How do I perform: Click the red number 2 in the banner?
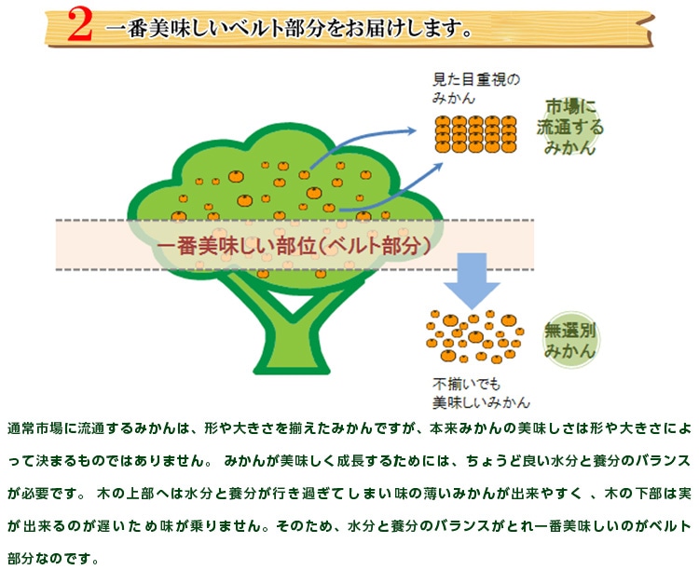(x=80, y=25)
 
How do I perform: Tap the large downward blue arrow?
(x=472, y=280)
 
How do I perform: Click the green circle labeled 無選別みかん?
(x=570, y=340)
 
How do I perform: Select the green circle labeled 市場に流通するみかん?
(x=570, y=127)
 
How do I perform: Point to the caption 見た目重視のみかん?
(x=476, y=88)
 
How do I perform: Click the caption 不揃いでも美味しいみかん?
(x=481, y=393)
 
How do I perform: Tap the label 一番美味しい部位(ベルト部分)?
(x=294, y=245)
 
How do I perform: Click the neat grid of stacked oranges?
(x=475, y=134)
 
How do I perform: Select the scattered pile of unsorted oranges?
(x=474, y=337)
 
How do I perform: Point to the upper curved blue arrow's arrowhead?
(x=411, y=130)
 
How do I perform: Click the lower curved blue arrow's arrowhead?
(x=437, y=168)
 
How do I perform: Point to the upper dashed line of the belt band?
(x=295, y=220)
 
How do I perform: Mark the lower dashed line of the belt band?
(x=295, y=269)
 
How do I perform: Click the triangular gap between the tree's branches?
(x=293, y=303)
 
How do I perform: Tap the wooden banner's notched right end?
(x=648, y=30)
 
